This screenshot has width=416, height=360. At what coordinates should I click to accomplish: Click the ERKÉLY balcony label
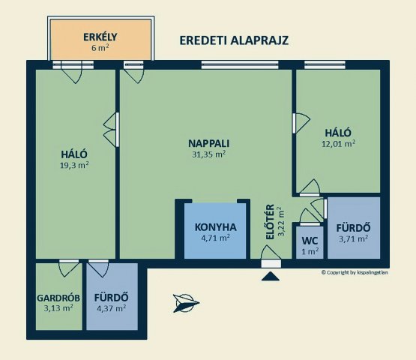[100, 37]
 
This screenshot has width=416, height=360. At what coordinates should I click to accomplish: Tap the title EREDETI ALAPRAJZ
[234, 40]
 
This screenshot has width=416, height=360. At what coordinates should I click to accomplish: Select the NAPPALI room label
[209, 143]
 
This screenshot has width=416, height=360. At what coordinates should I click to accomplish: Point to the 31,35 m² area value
[209, 154]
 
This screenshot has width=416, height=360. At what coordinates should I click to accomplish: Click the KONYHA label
[215, 227]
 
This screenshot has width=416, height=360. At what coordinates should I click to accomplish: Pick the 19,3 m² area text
[74, 165]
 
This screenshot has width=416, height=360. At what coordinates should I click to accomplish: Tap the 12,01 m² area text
[339, 144]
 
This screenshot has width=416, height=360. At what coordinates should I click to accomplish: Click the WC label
[310, 241]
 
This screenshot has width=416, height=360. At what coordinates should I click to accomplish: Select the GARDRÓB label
[58, 298]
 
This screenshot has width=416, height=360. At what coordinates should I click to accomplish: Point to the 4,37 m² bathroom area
[112, 308]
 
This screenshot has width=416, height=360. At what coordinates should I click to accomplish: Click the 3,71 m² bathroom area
[353, 238]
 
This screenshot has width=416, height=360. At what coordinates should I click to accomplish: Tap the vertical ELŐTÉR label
[270, 222]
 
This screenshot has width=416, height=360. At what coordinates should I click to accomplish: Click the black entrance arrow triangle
[271, 277]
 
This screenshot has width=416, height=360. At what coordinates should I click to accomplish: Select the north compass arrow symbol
[185, 303]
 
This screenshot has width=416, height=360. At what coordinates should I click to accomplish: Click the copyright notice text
[355, 272]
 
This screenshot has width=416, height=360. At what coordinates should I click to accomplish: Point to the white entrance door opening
[271, 264]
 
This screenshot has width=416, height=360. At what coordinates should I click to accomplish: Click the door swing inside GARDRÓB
[69, 268]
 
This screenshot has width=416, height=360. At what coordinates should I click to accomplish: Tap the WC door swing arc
[310, 217]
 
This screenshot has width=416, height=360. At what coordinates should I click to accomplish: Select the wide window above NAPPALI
[240, 64]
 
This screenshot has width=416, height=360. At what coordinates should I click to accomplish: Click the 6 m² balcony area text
[100, 48]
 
